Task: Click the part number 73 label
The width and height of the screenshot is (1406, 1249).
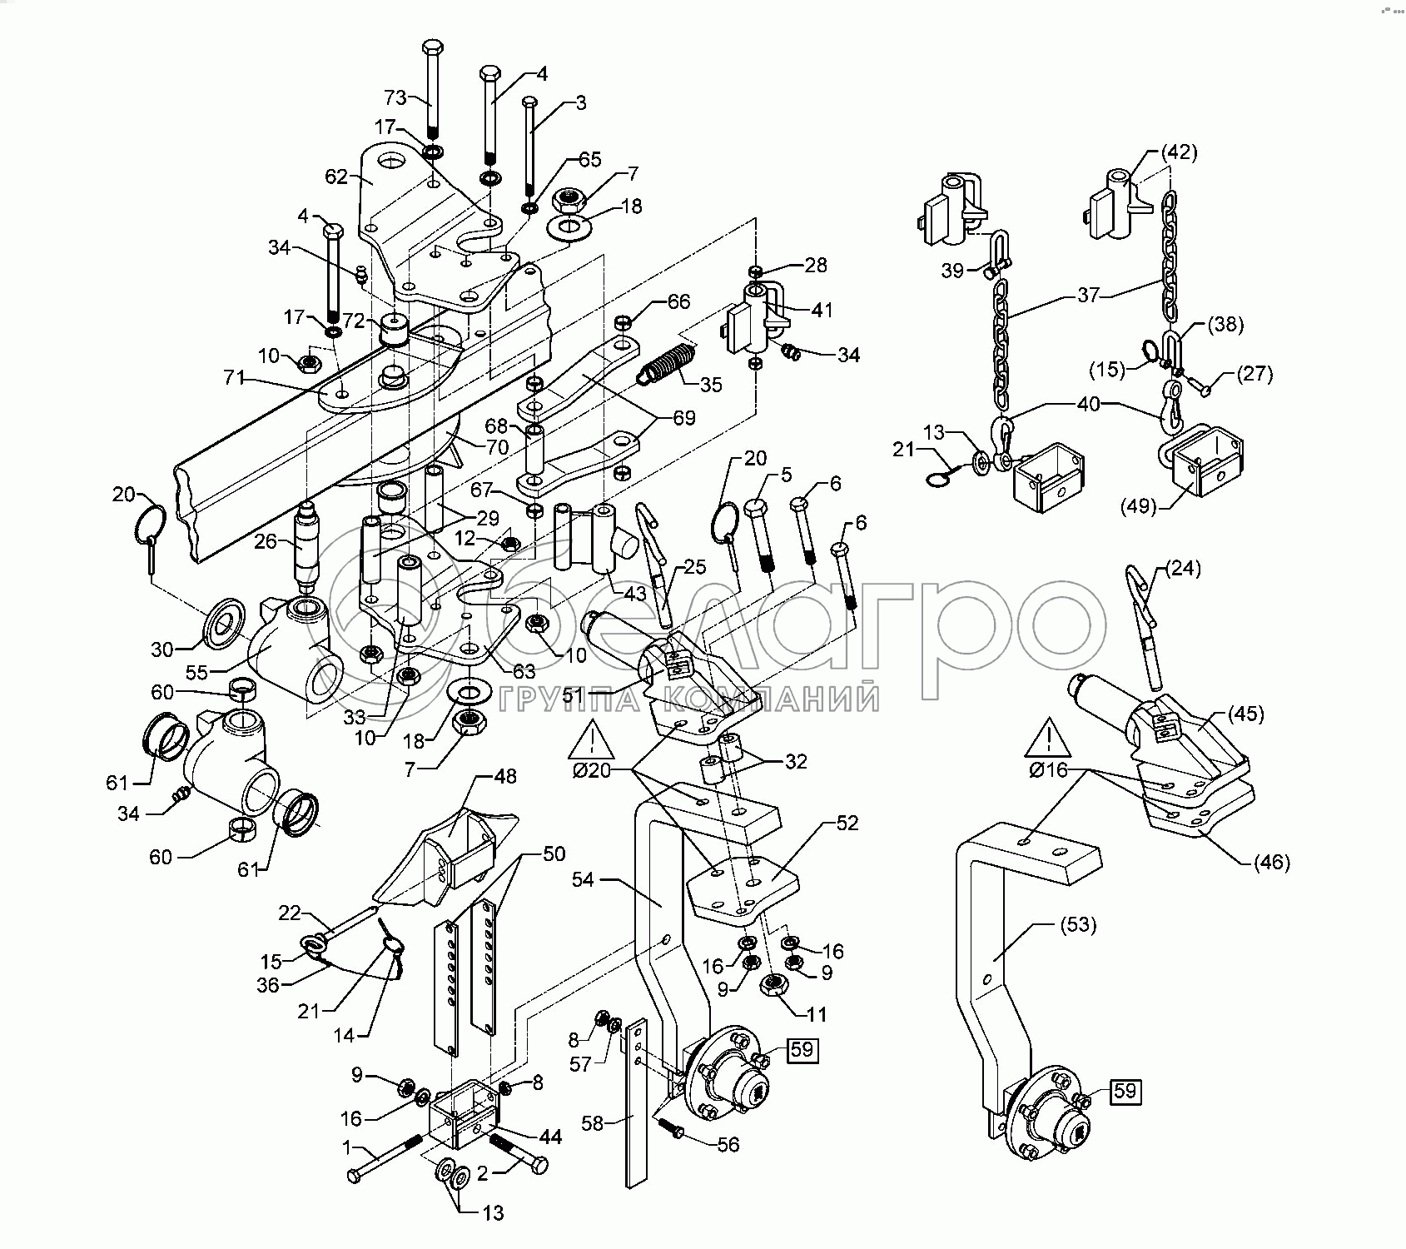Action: [395, 97]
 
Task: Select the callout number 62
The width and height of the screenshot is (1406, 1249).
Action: [337, 176]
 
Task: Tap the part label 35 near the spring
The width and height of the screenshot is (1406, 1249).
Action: [711, 385]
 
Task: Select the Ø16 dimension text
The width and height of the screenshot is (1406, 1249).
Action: [1049, 770]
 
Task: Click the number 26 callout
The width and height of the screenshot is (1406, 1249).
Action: [266, 541]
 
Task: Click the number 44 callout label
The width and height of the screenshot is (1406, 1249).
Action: [550, 1137]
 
